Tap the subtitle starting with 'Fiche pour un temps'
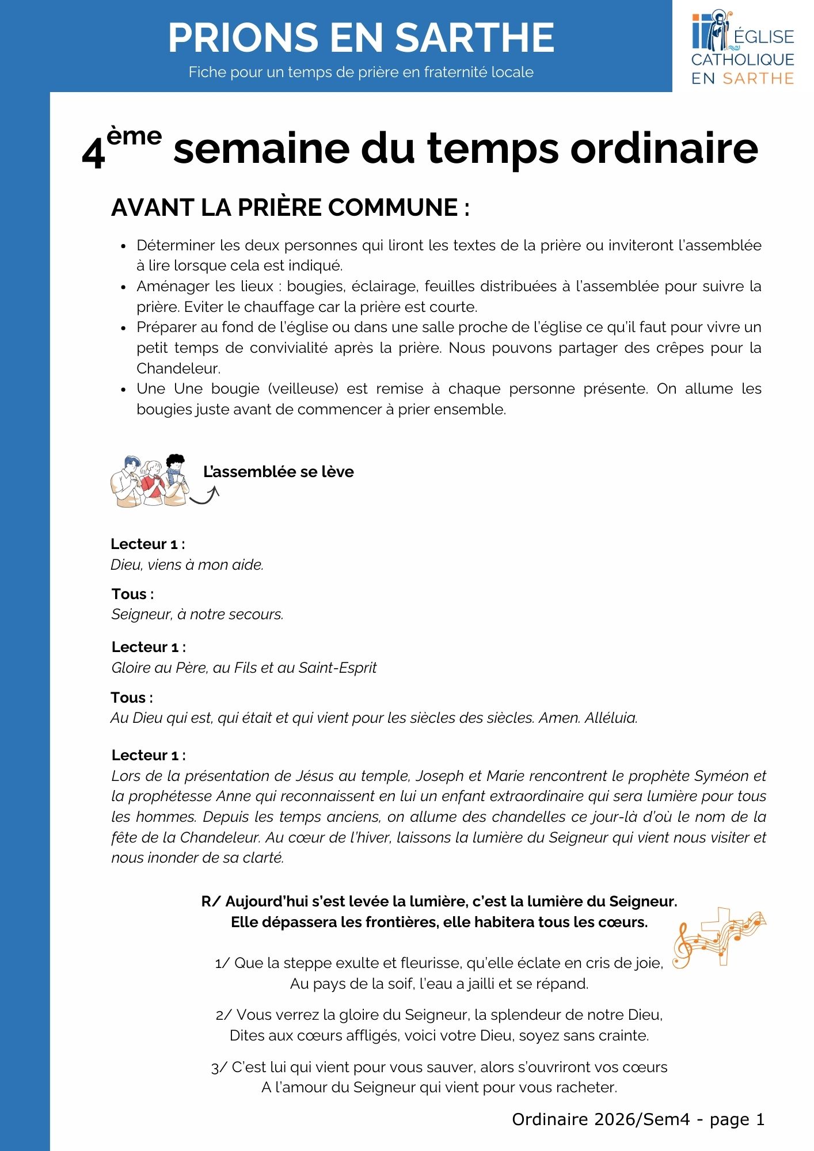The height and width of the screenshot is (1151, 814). coord(361,72)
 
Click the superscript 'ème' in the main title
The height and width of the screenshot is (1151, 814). coord(134,136)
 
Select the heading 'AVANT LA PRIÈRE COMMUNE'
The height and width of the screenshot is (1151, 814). coord(290,208)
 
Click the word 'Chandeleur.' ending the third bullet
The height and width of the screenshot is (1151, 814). coord(178,368)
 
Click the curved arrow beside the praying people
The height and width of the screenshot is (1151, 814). coord(206,495)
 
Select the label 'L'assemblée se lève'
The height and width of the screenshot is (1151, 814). coord(278,472)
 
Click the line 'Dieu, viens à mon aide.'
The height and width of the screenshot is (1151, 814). coord(187,565)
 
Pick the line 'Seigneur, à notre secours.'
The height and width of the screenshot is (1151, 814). coord(197,614)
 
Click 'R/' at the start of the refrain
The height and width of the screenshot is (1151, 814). coord(211,901)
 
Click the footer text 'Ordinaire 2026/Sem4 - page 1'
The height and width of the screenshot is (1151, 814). coord(638,1119)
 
